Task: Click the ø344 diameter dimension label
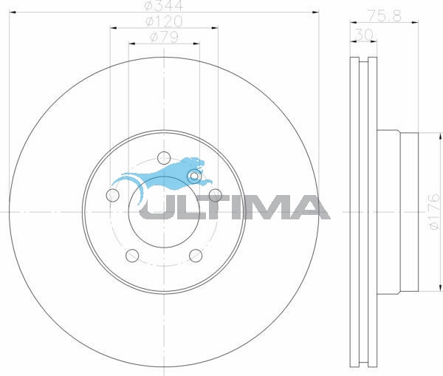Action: click(x=164, y=5)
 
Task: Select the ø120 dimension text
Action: click(x=164, y=21)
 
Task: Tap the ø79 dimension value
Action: click(x=164, y=37)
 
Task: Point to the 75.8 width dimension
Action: click(x=384, y=16)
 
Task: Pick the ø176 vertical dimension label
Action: click(x=434, y=212)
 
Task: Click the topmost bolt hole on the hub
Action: click(x=164, y=157)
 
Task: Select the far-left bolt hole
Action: click(x=112, y=195)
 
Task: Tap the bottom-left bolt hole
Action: click(x=132, y=256)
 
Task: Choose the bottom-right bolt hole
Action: click(x=196, y=256)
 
